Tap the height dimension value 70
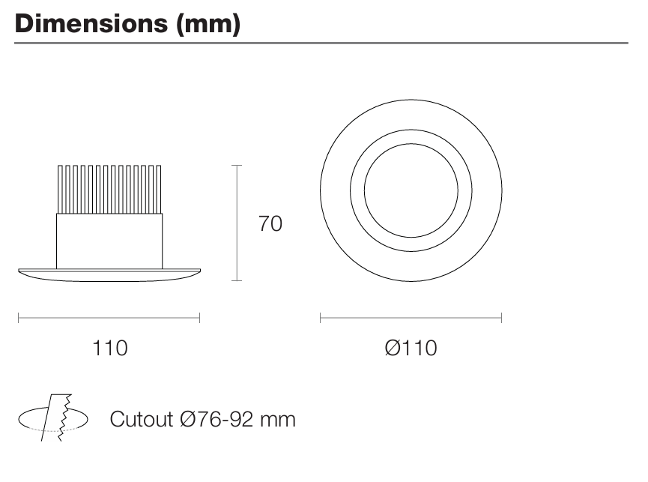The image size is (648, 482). click(x=270, y=223)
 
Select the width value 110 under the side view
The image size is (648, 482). click(x=109, y=348)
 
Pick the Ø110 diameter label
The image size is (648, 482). click(x=410, y=348)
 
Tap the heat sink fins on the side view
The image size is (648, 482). click(x=109, y=189)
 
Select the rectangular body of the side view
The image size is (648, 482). click(x=109, y=240)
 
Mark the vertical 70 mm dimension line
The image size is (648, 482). click(x=237, y=223)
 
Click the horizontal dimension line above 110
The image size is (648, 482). click(x=109, y=318)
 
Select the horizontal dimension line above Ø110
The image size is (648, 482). click(x=411, y=318)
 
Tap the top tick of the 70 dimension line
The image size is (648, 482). click(x=237, y=166)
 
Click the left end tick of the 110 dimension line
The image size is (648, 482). click(x=19, y=318)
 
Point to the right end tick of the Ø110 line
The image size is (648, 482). click(x=501, y=318)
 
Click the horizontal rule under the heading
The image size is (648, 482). click(x=322, y=43)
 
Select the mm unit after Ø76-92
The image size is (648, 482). click(x=279, y=419)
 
